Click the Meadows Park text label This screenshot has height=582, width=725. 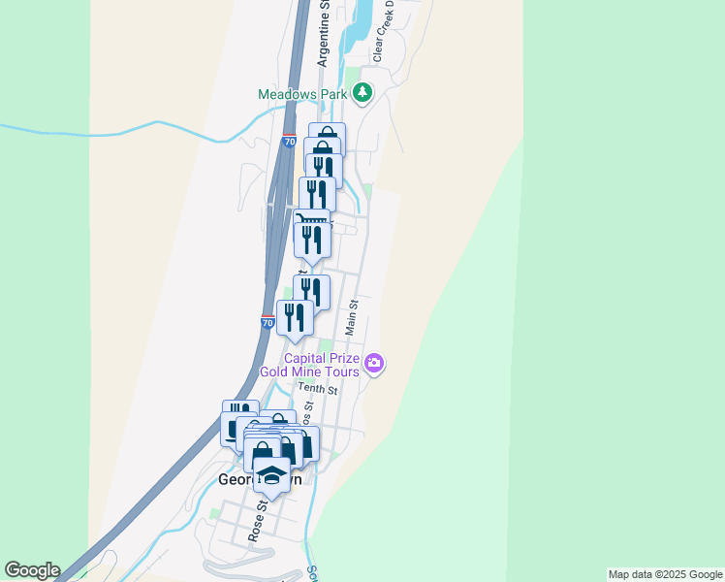(x=303, y=94)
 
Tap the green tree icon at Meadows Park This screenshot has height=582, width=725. (x=362, y=93)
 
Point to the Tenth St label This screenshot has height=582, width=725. (x=317, y=390)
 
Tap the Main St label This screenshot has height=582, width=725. (x=352, y=317)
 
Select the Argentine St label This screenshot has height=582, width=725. (x=326, y=33)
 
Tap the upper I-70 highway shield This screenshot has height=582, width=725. (x=289, y=142)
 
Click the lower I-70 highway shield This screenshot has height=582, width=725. (x=268, y=321)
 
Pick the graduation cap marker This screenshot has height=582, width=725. (x=271, y=476)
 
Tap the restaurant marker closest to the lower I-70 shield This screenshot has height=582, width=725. (x=295, y=317)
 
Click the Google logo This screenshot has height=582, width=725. (x=32, y=570)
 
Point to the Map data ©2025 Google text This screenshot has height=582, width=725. (x=666, y=574)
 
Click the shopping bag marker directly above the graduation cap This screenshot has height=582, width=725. (x=262, y=453)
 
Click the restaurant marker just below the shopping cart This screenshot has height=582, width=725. (x=312, y=239)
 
